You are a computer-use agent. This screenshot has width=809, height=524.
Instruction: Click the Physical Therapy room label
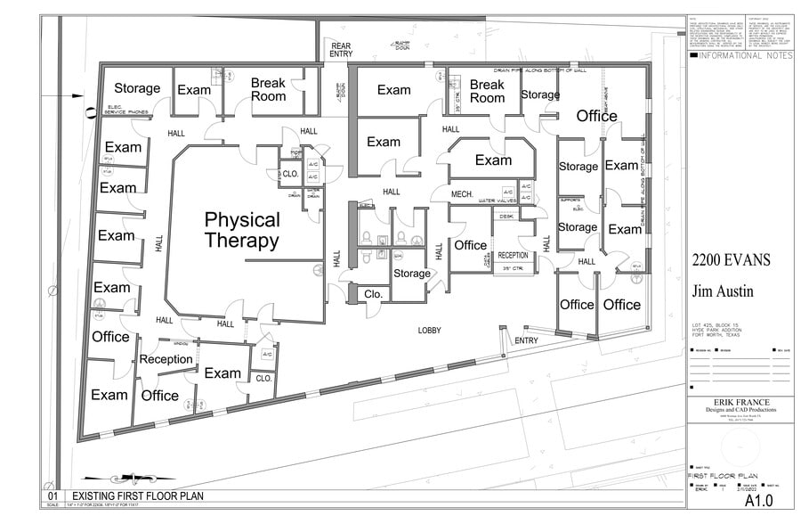tap(241, 230)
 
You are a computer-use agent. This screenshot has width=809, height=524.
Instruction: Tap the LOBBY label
tap(430, 331)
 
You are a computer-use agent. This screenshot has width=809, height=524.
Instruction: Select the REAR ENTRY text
tap(341, 49)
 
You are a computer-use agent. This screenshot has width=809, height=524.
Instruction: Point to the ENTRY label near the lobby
tap(527, 340)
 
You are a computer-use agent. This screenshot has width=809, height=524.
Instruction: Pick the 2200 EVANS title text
tap(734, 260)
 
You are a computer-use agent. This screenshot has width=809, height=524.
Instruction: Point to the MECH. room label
tap(461, 193)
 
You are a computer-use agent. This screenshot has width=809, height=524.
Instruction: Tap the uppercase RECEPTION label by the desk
tap(513, 255)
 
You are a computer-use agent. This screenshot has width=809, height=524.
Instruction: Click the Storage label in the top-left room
tap(137, 88)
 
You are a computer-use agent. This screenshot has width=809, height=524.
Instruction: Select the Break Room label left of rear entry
tap(268, 89)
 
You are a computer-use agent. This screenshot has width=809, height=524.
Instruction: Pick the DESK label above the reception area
tap(506, 216)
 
